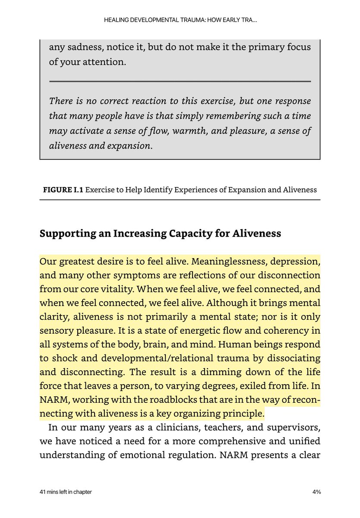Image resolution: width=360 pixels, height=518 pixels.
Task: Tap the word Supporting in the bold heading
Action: pyautogui.click(x=66, y=234)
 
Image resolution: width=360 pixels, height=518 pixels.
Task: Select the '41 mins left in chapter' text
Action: pyautogui.click(x=65, y=492)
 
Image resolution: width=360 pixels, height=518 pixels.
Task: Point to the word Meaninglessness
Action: pyautogui.click(x=226, y=262)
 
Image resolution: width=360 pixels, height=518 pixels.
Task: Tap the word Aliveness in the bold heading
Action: pyautogui.click(x=257, y=234)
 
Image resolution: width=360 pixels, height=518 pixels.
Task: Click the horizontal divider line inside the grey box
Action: pyautogui.click(x=180, y=81)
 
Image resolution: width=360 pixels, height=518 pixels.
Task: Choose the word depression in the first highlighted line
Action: pyautogui.click(x=295, y=262)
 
